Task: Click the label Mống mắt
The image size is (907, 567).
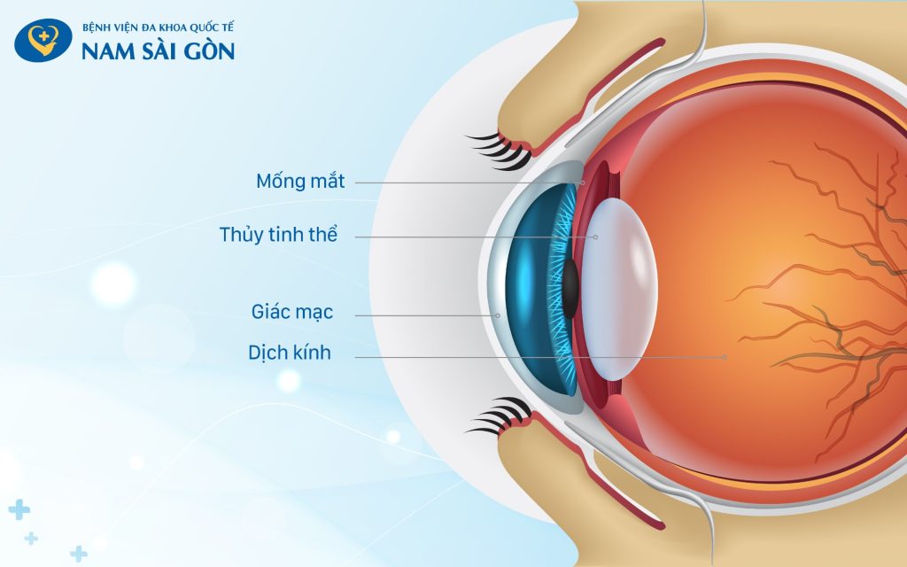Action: tap(300, 182)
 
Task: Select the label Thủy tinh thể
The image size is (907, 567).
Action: tap(278, 236)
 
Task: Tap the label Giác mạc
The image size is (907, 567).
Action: tap(304, 314)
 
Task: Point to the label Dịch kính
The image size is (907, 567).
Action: tap(290, 353)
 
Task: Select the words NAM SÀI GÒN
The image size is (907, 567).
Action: tap(158, 51)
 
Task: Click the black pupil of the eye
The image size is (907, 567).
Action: tap(571, 288)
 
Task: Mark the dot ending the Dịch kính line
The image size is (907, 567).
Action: tap(725, 357)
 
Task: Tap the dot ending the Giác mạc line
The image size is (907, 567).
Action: tap(498, 315)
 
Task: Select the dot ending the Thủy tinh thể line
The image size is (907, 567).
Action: tap(596, 237)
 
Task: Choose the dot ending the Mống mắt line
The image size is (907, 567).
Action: tap(583, 183)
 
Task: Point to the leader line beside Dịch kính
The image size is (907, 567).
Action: tap(531, 357)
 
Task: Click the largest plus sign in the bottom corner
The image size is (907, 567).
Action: tap(19, 509)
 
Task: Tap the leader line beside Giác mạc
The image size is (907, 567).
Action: tap(425, 315)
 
